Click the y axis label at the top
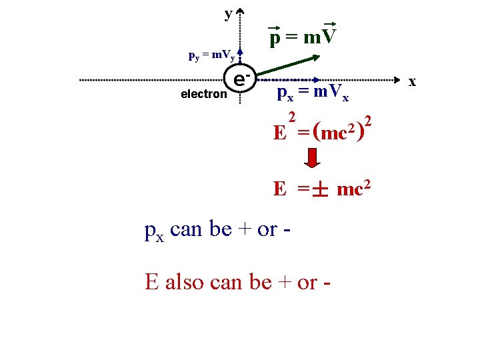pyautogui.click(x=229, y=13)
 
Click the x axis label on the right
pyautogui.click(x=412, y=81)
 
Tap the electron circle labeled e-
pyautogui.click(x=241, y=81)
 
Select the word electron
pyautogui.click(x=203, y=94)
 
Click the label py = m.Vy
pyautogui.click(x=209, y=57)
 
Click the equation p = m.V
pyautogui.click(x=303, y=37)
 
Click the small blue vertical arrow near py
pyautogui.click(x=241, y=56)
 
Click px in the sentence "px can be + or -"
pyautogui.click(x=154, y=231)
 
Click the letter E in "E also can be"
pyautogui.click(x=151, y=282)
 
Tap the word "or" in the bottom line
pyautogui.click(x=307, y=282)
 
